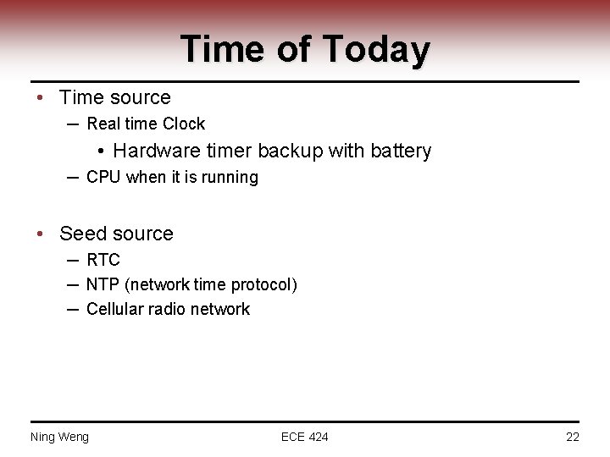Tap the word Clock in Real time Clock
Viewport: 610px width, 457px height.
click(x=184, y=124)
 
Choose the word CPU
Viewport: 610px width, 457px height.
click(x=104, y=178)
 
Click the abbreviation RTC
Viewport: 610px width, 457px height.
click(x=103, y=260)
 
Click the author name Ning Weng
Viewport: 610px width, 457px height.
click(x=59, y=437)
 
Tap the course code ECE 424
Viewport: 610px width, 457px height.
click(x=305, y=437)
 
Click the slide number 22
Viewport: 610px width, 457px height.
click(x=572, y=437)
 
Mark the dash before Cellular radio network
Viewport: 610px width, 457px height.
click(x=74, y=310)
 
